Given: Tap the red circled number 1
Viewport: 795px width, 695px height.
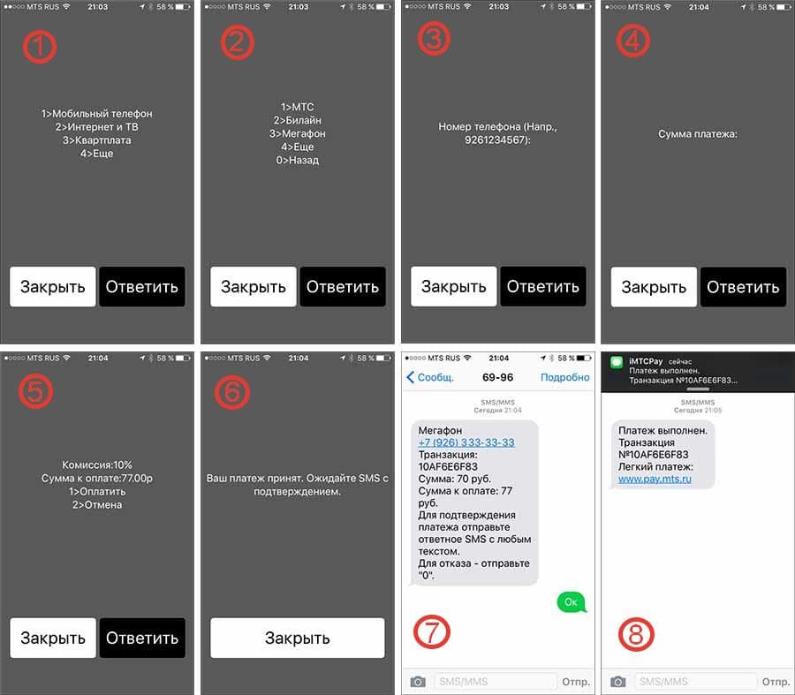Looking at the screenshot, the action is [40, 46].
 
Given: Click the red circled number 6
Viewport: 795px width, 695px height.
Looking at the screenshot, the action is [232, 392].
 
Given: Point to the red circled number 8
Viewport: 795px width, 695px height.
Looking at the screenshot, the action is [636, 634].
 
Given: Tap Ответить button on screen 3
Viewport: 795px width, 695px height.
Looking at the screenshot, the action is [543, 286].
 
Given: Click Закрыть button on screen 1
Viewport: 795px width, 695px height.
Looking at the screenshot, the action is [53, 287].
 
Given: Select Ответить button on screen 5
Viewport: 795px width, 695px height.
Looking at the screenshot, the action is [142, 638].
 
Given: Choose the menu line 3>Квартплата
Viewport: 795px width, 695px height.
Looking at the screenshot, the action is [97, 140].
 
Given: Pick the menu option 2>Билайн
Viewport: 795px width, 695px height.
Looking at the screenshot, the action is [297, 121].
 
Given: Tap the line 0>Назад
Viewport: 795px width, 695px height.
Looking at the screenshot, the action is [297, 160].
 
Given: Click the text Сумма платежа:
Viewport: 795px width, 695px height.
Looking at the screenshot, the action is [698, 134].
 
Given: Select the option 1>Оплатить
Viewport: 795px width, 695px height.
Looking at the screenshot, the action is [97, 492].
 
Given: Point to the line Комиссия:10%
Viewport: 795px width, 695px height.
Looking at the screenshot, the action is [97, 465].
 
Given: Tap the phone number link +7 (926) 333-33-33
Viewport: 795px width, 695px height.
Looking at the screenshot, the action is [466, 442].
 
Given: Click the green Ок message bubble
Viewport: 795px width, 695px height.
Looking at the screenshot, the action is [572, 601].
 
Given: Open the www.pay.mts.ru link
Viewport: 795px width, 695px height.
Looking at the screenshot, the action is [655, 479].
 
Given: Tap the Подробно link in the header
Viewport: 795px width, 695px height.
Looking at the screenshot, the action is [564, 377].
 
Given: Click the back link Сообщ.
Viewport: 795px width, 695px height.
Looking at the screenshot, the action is [430, 377].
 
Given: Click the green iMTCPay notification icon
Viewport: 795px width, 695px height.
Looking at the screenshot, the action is [616, 362].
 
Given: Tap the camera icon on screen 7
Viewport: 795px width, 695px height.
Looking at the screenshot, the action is [418, 682].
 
